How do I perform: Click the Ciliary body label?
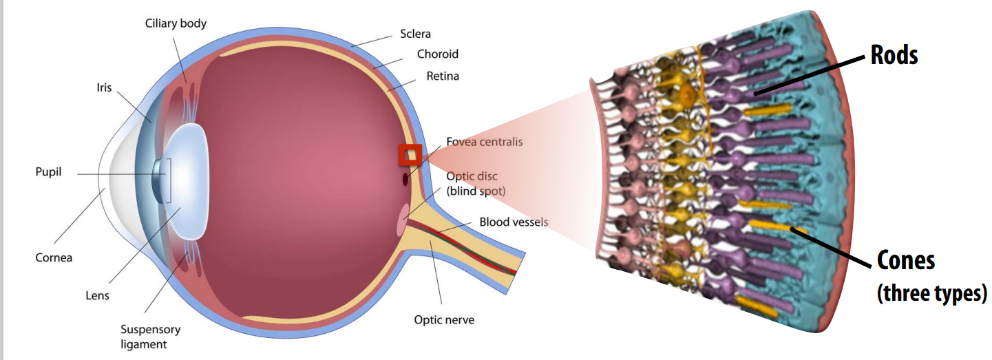pos(176,23)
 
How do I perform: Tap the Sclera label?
pos(416,33)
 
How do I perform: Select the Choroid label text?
pos(437,54)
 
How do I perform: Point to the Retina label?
pos(443,76)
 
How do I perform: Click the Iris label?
pos(104,88)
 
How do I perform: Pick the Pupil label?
pos(49,171)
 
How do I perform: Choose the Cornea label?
pos(54,257)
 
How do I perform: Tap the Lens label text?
pos(98,295)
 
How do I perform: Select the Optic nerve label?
pos(444,319)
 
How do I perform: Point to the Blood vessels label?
pos(514,222)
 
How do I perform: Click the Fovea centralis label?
pos(484,142)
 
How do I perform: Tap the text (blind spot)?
pos(476,191)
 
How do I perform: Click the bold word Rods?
pos(894,55)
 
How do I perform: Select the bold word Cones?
pos(906,261)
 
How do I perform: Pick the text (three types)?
pos(931,293)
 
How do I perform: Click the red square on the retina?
pos(410,155)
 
